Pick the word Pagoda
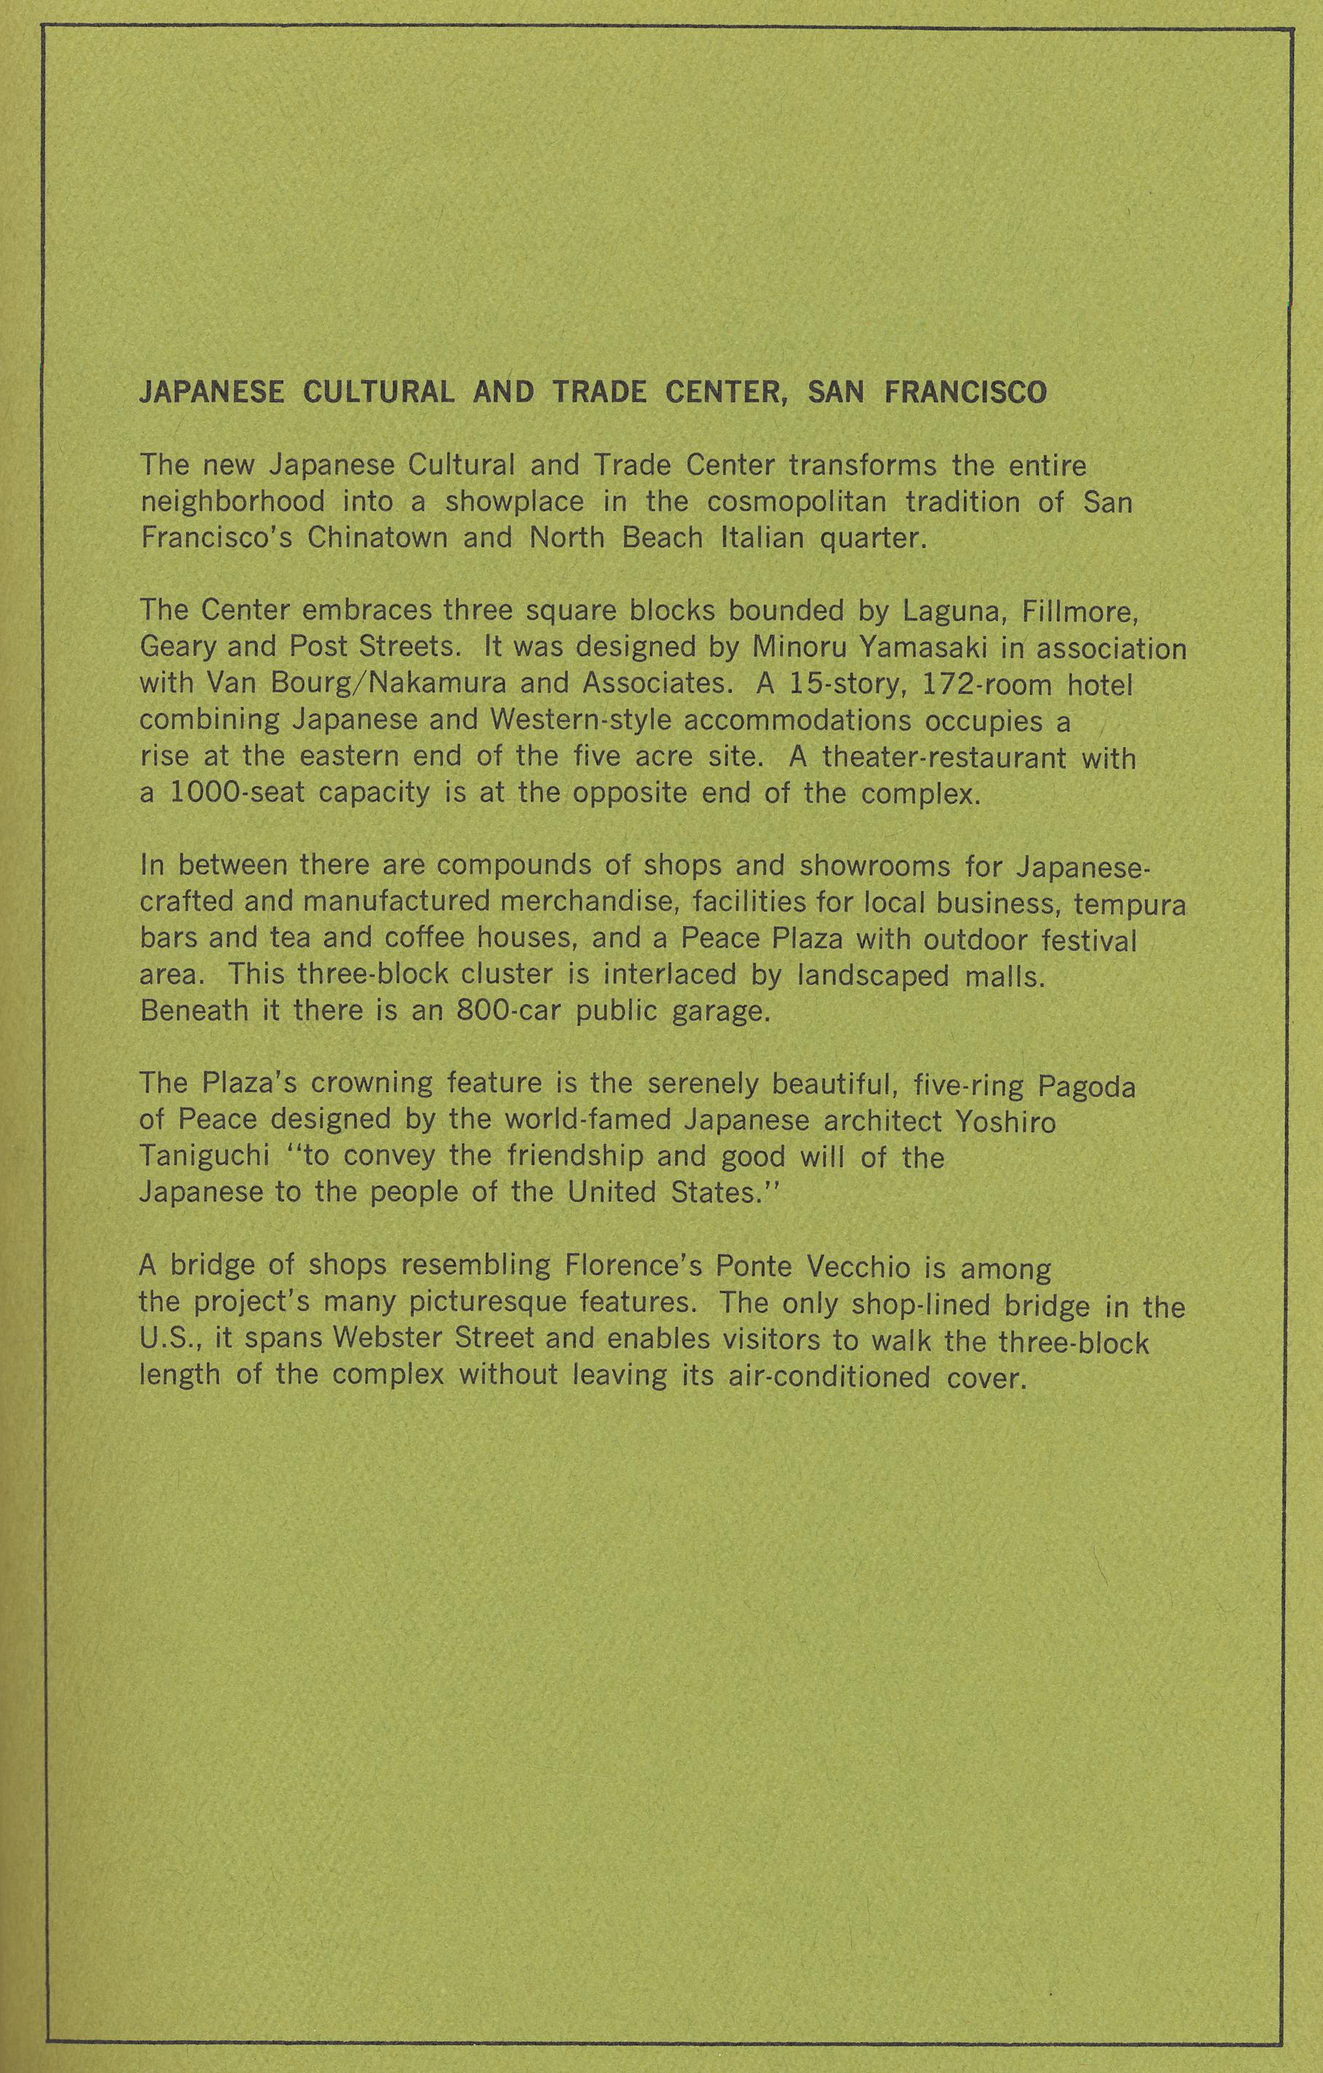[x=1086, y=1086]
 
